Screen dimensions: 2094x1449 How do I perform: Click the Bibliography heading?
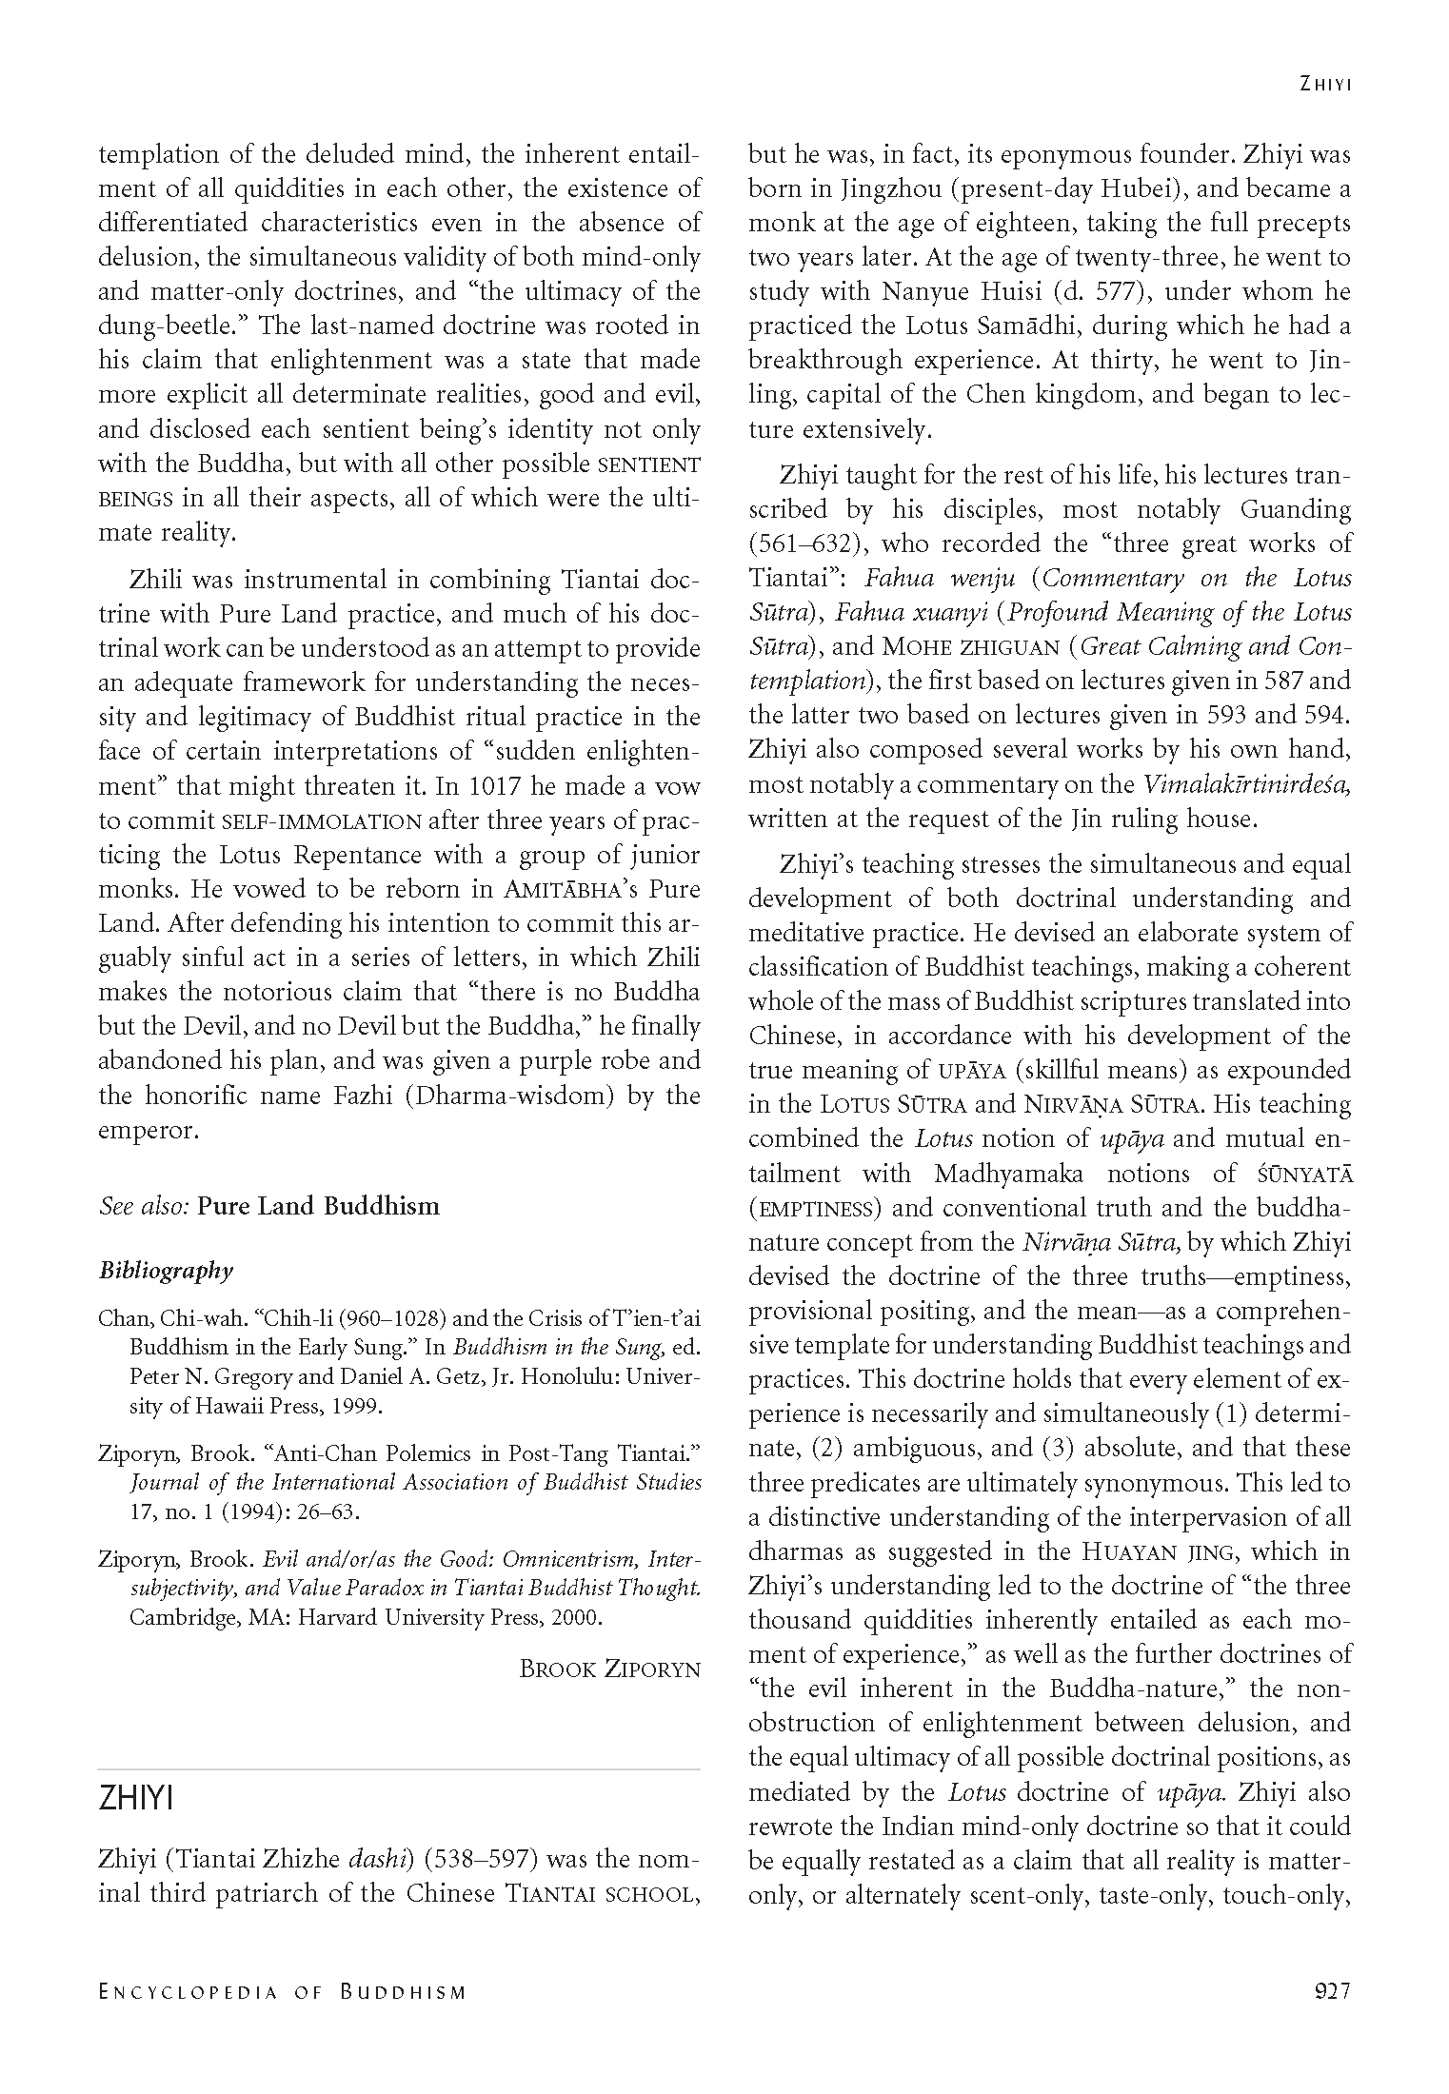click(x=166, y=1270)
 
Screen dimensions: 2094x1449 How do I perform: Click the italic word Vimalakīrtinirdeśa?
click(x=1247, y=784)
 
